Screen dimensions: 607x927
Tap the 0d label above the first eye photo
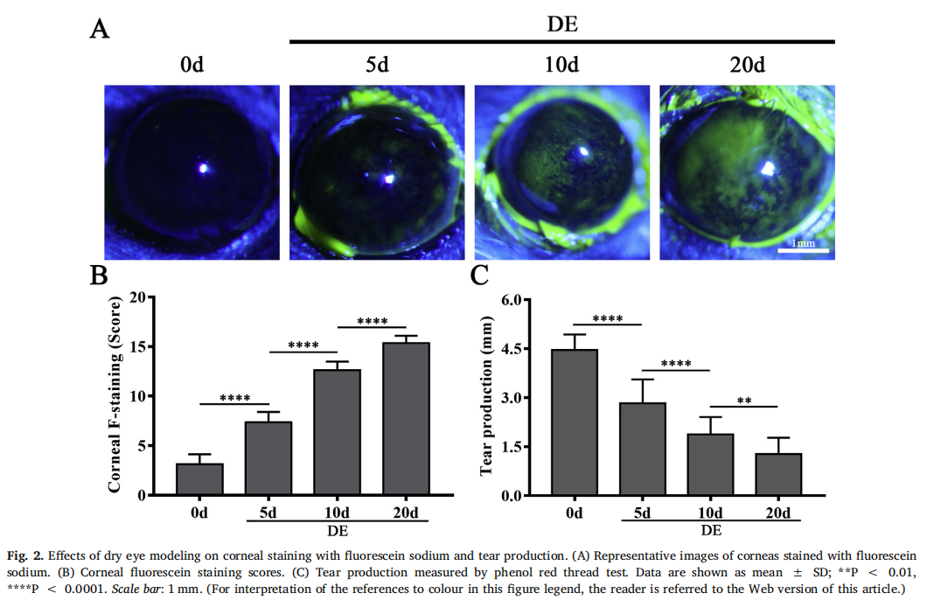[x=192, y=65]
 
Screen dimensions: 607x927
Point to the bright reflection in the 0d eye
[x=203, y=167]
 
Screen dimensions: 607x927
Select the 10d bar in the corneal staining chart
[x=337, y=433]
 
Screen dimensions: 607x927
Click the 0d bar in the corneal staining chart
[x=199, y=479]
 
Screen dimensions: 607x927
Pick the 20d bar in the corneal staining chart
[x=406, y=419]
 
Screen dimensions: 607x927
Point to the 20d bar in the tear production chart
[x=778, y=474]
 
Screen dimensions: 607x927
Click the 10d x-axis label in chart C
[x=710, y=513]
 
